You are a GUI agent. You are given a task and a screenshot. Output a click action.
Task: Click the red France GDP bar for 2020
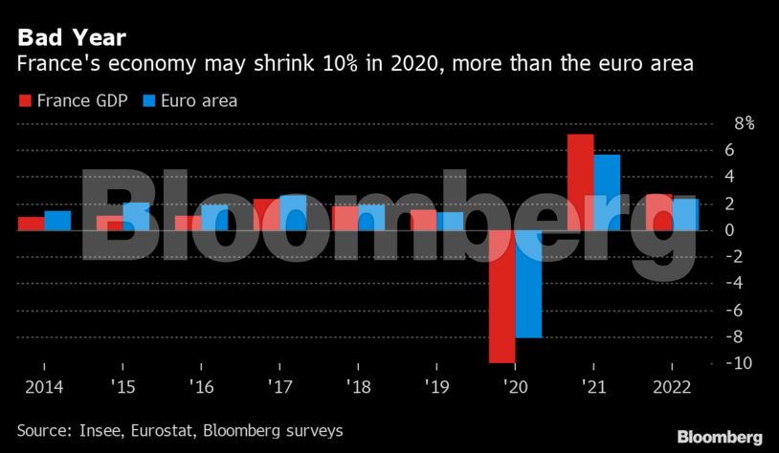point(501,296)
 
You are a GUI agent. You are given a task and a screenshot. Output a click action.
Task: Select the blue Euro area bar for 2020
point(528,284)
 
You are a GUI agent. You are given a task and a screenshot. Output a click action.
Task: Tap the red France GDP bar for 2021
point(580,182)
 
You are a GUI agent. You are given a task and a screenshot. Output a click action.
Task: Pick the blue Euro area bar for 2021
point(607,192)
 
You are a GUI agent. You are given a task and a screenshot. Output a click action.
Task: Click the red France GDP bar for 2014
point(31,224)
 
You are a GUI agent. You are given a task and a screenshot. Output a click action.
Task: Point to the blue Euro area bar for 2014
point(57,221)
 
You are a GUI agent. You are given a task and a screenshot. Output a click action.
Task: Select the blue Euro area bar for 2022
point(685,214)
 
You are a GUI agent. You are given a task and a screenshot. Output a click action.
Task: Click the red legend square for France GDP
point(25,100)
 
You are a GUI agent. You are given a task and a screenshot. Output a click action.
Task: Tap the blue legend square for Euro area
point(148,100)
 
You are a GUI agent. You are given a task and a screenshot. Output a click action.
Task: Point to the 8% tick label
point(744,123)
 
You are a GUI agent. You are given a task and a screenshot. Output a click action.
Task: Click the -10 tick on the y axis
point(740,363)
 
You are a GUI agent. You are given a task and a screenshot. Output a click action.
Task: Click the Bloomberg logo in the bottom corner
point(720,436)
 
